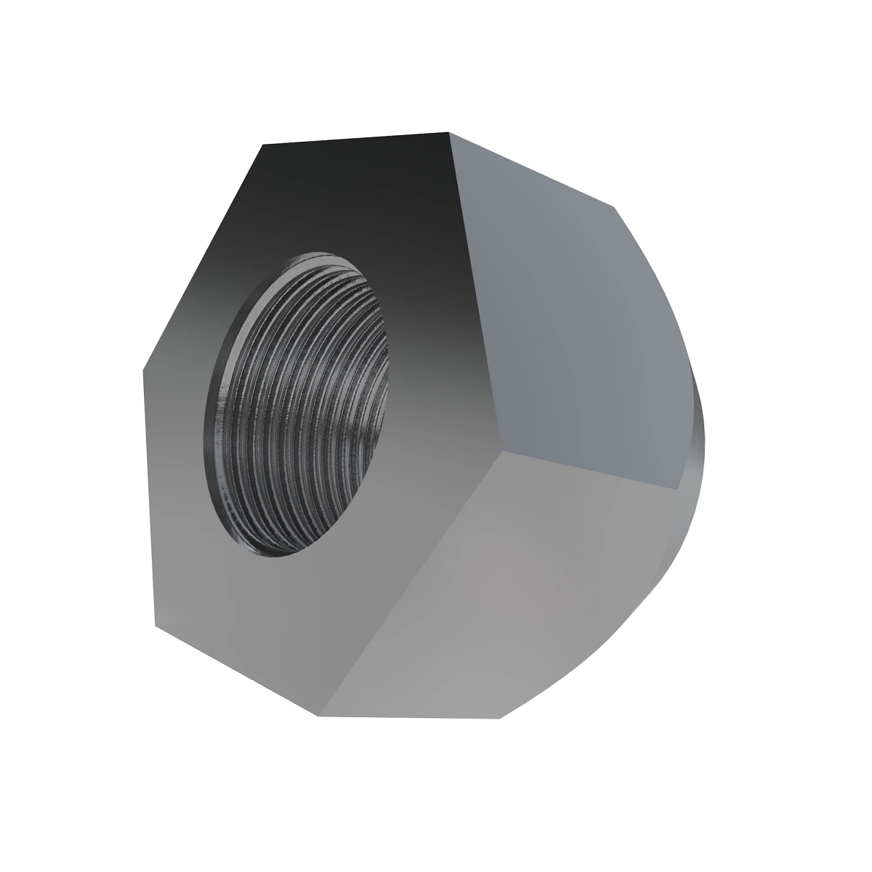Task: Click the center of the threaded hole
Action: pyautogui.click(x=299, y=404)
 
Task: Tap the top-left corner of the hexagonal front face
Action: pyautogui.click(x=262, y=145)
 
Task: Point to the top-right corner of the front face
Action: pyautogui.click(x=449, y=133)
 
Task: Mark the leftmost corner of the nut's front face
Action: pyautogui.click(x=142, y=367)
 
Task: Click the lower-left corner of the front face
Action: pyautogui.click(x=155, y=626)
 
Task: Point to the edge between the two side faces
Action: pyautogui.click(x=589, y=472)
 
